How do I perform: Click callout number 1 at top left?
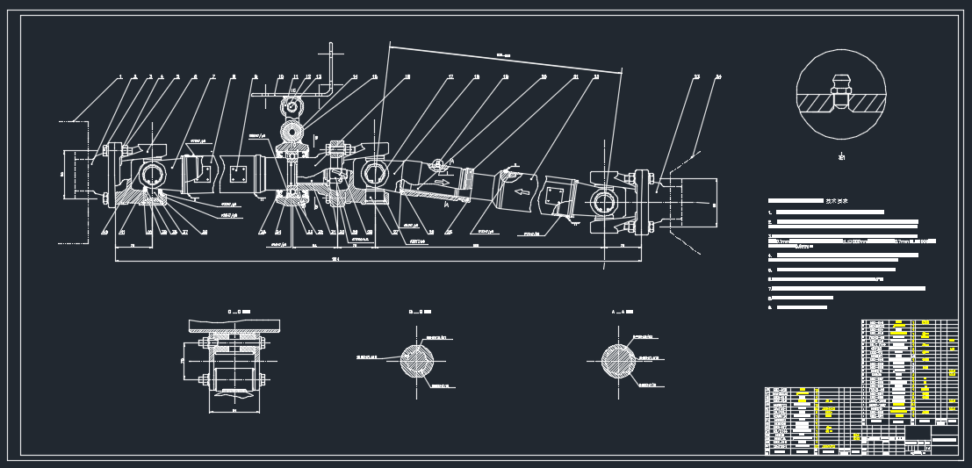[120, 77]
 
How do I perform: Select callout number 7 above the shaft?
[212, 77]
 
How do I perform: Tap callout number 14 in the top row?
[355, 77]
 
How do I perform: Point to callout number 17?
[450, 77]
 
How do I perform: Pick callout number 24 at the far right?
[717, 77]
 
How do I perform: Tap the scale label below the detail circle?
[841, 157]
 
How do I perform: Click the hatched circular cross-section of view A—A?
[618, 361]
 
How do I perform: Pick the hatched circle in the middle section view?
[417, 361]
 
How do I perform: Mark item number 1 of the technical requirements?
[770, 212]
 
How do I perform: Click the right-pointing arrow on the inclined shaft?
[442, 183]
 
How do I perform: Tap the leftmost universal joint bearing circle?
[152, 175]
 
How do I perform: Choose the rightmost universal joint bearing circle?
[604, 203]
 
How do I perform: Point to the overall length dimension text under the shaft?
[335, 259]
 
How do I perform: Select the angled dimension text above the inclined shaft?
[503, 56]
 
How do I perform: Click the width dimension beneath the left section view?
[234, 409]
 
